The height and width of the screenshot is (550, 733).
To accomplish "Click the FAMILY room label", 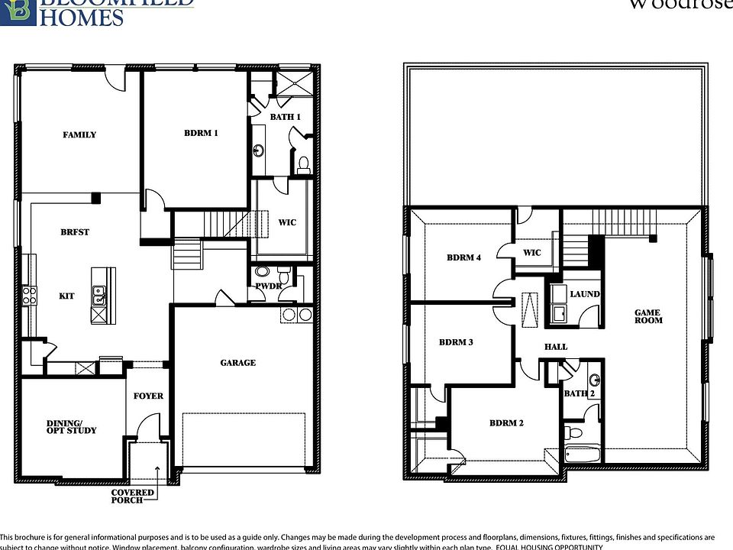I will click(x=79, y=135).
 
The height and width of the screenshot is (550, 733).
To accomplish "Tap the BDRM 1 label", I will click(x=201, y=133).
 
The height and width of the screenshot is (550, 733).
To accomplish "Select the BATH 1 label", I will click(x=285, y=117).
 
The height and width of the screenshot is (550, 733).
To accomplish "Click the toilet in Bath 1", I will click(x=302, y=163).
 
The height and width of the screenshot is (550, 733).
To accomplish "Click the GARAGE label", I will click(x=237, y=363).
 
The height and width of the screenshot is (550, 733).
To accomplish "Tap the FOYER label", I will click(x=148, y=396).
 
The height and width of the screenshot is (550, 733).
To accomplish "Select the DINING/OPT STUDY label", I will click(x=72, y=426).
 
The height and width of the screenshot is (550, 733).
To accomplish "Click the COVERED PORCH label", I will click(x=133, y=497).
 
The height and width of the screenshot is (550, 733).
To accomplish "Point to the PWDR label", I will click(x=269, y=286).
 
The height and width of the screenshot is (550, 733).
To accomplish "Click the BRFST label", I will click(x=75, y=232).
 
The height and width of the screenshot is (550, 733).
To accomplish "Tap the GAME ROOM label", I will click(x=647, y=316).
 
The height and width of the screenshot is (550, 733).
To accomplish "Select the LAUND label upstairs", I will click(x=585, y=294).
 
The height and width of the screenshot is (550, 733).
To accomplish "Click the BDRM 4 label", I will click(x=463, y=258).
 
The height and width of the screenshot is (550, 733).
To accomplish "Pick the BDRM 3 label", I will click(x=456, y=342).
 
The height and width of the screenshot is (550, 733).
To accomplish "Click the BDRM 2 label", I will click(x=506, y=423).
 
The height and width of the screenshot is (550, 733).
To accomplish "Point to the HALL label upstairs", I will click(x=555, y=347).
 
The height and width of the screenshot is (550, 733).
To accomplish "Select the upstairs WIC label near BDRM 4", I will click(x=531, y=253).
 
